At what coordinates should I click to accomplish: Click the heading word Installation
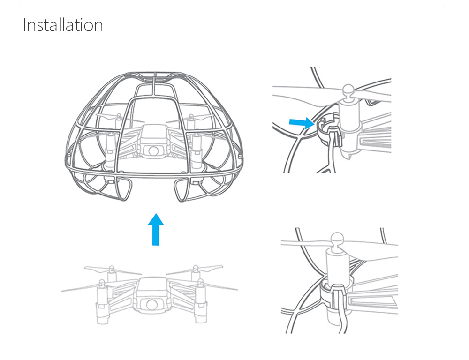63,25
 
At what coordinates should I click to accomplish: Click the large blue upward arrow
156,229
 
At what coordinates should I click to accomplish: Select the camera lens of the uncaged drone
151,304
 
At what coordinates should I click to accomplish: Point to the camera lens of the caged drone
153,150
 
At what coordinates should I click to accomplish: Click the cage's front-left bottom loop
114,189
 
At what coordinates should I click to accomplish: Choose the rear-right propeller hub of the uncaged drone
195,269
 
